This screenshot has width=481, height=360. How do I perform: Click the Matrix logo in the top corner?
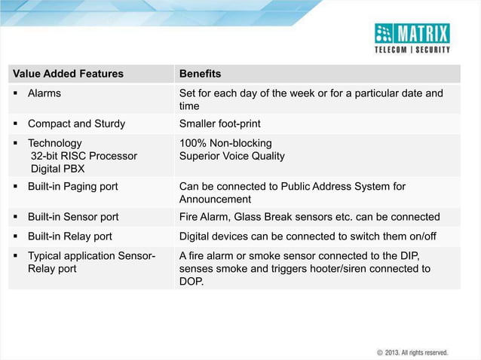pyautogui.click(x=412, y=33)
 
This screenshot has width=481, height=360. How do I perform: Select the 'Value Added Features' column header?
pyautogui.click(x=68, y=74)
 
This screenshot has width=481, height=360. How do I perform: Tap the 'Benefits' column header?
pyautogui.click(x=200, y=74)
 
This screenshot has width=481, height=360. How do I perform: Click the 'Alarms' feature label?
pyautogui.click(x=44, y=93)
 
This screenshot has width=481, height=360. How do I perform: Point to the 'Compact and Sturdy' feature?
pyautogui.click(x=76, y=124)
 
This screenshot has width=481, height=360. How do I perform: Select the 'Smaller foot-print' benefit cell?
pyautogui.click(x=220, y=124)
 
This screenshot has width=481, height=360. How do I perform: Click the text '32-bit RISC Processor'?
pyautogui.click(x=84, y=156)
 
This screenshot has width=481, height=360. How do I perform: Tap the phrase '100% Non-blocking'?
pyautogui.click(x=225, y=143)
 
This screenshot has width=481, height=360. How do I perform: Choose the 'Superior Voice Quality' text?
pyautogui.click(x=231, y=156)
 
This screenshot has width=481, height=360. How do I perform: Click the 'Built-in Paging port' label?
pyautogui.click(x=72, y=186)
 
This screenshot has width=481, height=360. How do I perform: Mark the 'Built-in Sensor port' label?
pyautogui.click(x=73, y=217)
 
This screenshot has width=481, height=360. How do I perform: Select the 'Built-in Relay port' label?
pyautogui.click(x=70, y=236)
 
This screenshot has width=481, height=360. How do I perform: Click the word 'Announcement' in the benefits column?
pyautogui.click(x=215, y=200)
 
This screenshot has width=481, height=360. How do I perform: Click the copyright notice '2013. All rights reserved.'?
pyautogui.click(x=416, y=352)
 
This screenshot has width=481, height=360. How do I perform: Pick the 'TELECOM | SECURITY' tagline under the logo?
pyautogui.click(x=412, y=50)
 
